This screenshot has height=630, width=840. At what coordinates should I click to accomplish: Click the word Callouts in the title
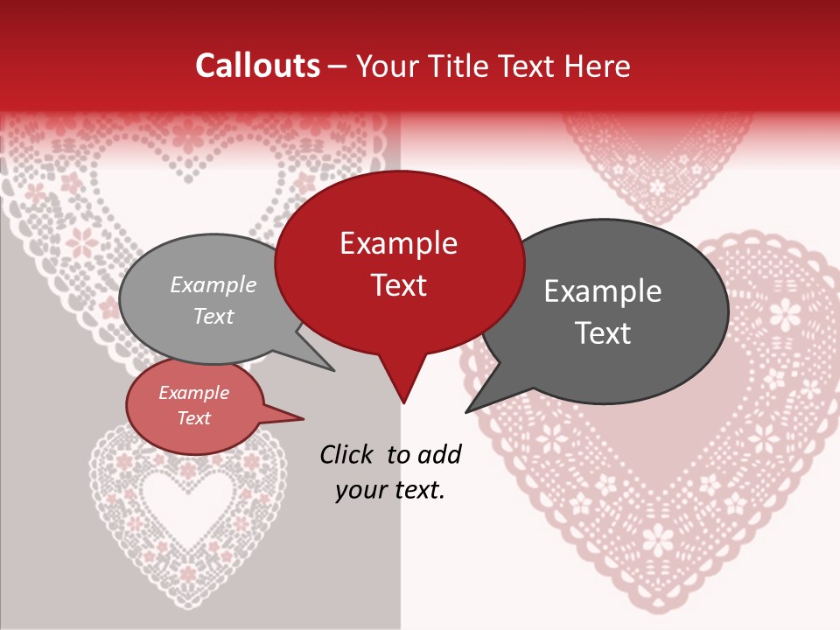(257, 66)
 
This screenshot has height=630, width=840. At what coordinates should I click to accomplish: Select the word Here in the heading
(596, 66)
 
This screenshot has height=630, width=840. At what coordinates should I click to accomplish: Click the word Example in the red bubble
(398, 243)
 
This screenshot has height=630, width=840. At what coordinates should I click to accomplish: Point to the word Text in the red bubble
(398, 285)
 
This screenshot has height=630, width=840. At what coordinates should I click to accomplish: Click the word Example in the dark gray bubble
(603, 291)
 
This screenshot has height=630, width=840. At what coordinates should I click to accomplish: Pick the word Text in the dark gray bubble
(603, 333)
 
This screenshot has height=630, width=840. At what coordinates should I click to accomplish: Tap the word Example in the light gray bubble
(213, 284)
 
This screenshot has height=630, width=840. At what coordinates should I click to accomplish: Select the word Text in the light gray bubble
(213, 316)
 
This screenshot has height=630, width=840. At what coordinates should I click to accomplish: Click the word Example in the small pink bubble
(193, 393)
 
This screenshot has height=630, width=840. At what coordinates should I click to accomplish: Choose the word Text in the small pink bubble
(193, 418)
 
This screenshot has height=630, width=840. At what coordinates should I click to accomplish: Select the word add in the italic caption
(439, 454)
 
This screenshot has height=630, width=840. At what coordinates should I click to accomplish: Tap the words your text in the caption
(390, 490)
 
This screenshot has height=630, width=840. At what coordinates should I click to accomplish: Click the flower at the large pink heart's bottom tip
(657, 537)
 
